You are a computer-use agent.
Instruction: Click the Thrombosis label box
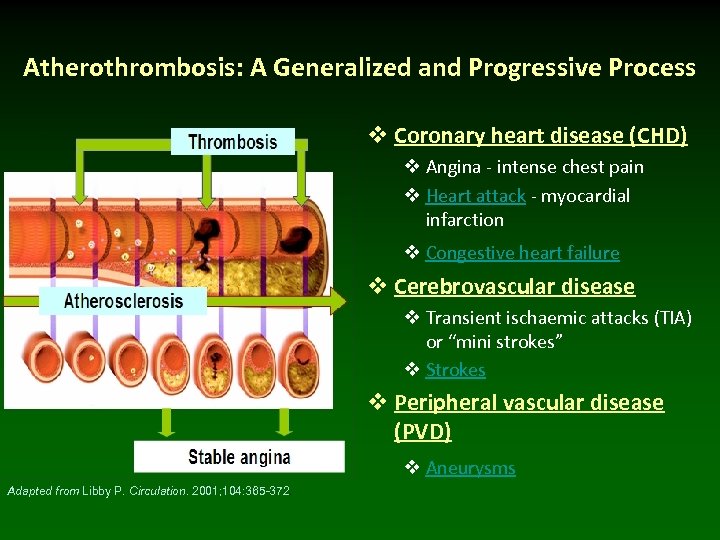232,141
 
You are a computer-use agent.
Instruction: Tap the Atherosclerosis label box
123,300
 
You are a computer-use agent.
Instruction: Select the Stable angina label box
239,457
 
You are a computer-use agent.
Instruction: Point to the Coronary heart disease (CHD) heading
540,135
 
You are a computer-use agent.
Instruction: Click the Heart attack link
475,196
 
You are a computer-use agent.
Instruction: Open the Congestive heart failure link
522,253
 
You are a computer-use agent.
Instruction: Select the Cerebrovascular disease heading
514,287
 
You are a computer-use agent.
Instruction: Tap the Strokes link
455,370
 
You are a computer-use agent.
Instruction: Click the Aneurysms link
470,468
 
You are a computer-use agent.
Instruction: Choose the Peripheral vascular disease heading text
528,403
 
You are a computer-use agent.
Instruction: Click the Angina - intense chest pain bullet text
534,167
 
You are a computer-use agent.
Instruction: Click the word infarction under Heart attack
464,220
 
